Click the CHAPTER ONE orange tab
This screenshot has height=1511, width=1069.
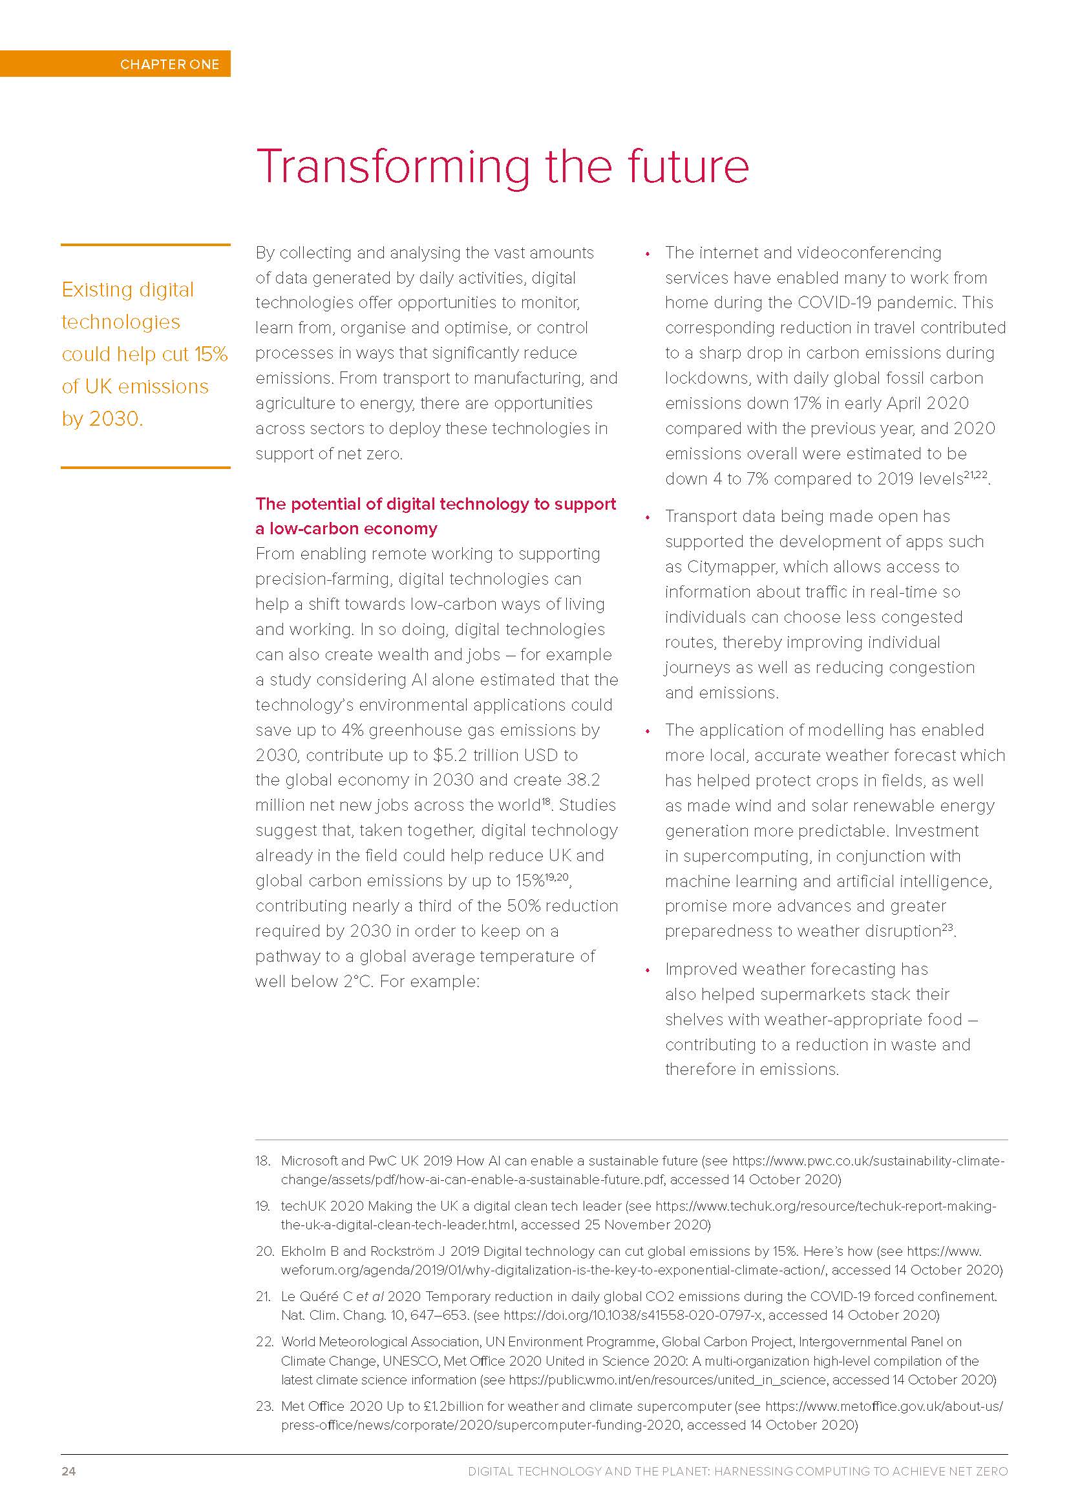pyautogui.click(x=169, y=64)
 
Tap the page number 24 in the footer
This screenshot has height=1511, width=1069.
pyautogui.click(x=69, y=1471)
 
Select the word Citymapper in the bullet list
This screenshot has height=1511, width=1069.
pyautogui.click(x=729, y=567)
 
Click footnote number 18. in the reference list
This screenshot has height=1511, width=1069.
pyautogui.click(x=262, y=1161)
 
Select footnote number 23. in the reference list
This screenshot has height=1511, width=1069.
pyautogui.click(x=264, y=1406)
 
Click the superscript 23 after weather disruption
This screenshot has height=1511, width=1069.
pyautogui.click(x=947, y=927)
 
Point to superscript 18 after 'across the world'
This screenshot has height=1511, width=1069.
pyautogui.click(x=546, y=801)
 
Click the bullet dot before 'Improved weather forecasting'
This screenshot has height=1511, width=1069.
pyautogui.click(x=648, y=970)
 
